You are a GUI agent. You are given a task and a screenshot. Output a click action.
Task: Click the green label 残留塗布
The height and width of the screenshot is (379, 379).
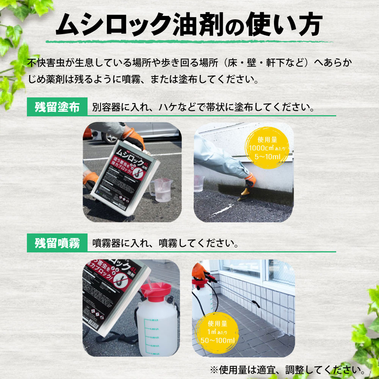[x=57, y=107]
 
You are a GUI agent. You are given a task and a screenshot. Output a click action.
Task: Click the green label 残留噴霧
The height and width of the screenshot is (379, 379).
[x=57, y=243]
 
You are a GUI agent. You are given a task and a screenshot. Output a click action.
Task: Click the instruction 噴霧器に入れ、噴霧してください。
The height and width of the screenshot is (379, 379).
[x=165, y=243]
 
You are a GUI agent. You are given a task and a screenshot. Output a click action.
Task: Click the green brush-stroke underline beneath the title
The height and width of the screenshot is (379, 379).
[x=189, y=41]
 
